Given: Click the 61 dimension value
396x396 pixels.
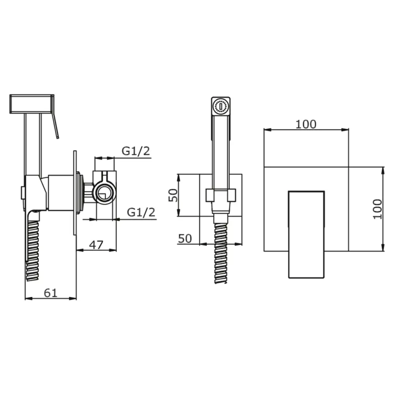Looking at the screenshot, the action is pyautogui.click(x=51, y=293).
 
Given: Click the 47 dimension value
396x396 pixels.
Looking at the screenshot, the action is pyautogui.click(x=96, y=245).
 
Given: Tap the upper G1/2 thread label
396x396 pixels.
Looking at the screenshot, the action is pyautogui.click(x=136, y=151).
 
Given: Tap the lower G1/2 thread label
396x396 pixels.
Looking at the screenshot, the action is pyautogui.click(x=141, y=212).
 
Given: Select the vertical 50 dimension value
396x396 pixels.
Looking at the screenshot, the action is pyautogui.click(x=173, y=195).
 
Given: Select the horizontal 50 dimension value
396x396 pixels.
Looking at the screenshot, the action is pyautogui.click(x=185, y=238).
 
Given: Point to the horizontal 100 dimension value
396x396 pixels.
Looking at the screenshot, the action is pyautogui.click(x=306, y=124).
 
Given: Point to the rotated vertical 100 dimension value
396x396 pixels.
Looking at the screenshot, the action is pyautogui.click(x=377, y=209).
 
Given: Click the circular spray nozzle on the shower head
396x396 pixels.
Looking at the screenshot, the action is pyautogui.click(x=221, y=106).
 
